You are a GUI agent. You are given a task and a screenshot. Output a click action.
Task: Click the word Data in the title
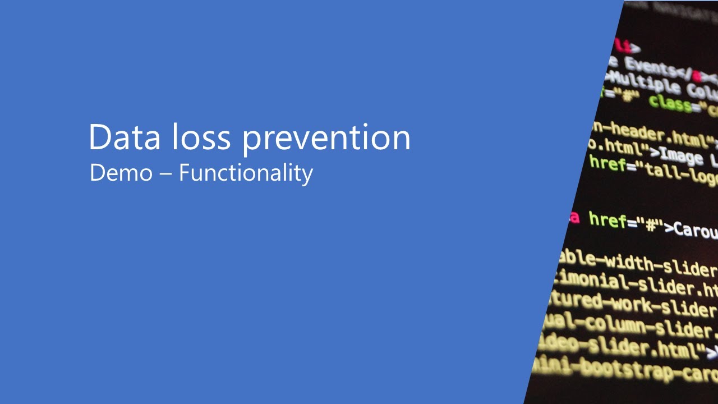tap(124, 137)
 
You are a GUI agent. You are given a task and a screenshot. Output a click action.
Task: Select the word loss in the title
tap(201, 137)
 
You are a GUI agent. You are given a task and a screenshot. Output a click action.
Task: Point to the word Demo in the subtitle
tap(121, 173)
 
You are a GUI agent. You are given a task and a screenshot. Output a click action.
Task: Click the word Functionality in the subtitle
tap(246, 173)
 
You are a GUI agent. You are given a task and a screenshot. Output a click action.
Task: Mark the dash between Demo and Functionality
tap(165, 174)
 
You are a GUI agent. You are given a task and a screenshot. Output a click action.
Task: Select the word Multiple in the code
tap(645, 84)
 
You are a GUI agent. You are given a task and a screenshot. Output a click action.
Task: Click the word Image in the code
tap(681, 155)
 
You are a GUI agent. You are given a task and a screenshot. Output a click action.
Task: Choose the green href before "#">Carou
tap(607, 221)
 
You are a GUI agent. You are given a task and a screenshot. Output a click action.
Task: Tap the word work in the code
tap(632, 304)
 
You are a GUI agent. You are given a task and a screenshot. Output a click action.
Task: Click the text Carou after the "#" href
tap(696, 229)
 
